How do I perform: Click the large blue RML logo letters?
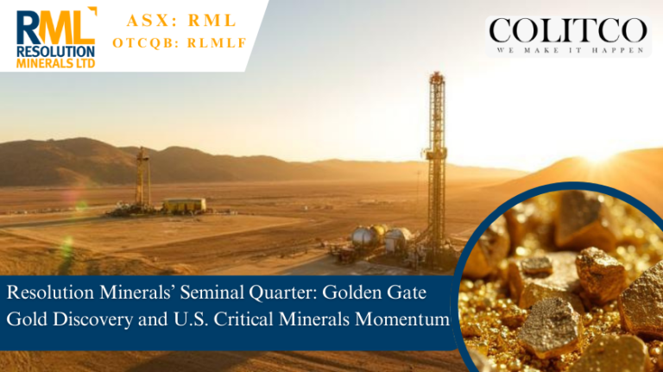[45, 27]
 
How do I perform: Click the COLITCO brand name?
[568, 31]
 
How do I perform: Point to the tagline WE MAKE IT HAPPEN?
[568, 51]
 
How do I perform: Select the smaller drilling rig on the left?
[143, 177]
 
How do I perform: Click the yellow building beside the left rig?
[184, 205]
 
